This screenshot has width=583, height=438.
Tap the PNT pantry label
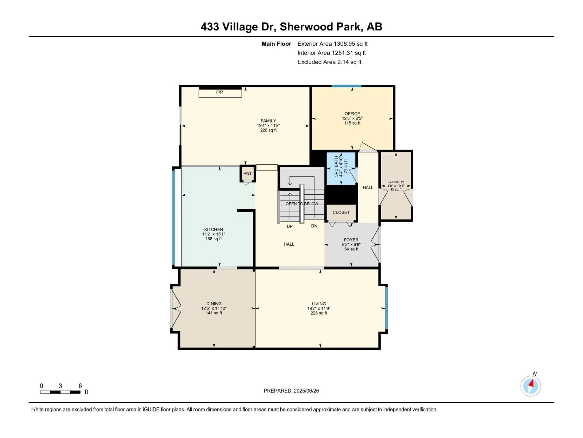pyautogui.click(x=247, y=174)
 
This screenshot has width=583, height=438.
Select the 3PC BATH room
pyautogui.click(x=341, y=169)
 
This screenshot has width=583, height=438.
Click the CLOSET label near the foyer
pyautogui.click(x=341, y=212)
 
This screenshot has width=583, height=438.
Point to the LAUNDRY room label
pyautogui.click(x=396, y=182)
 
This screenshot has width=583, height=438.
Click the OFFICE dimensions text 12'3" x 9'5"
pyautogui.click(x=352, y=118)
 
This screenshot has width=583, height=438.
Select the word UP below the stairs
pyautogui.click(x=289, y=226)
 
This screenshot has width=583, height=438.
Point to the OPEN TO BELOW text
pyautogui.click(x=302, y=204)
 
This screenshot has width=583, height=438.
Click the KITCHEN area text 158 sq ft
pyautogui.click(x=213, y=239)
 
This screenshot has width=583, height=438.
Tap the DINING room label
pyautogui.click(x=214, y=304)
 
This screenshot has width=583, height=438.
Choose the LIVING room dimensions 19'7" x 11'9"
pyautogui.click(x=319, y=308)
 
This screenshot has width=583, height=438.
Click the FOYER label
pyautogui.click(x=351, y=240)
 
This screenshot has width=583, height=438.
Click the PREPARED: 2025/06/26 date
pyautogui.click(x=291, y=391)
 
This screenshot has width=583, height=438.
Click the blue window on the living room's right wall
pyautogui.click(x=386, y=308)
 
